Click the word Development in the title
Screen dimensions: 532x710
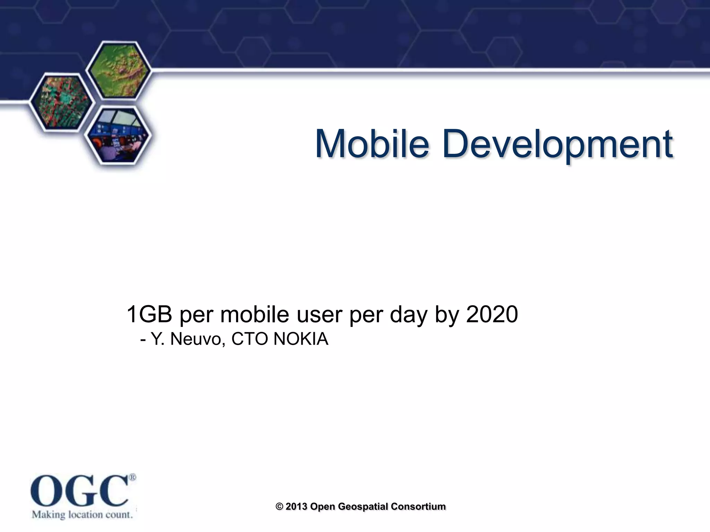557,144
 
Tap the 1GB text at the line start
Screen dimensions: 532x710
149,314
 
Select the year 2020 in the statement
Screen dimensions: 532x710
492,314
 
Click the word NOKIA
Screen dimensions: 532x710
301,339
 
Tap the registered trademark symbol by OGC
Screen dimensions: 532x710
132,477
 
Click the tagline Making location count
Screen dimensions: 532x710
83,514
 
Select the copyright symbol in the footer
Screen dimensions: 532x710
279,507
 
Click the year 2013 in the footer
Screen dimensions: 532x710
297,507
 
